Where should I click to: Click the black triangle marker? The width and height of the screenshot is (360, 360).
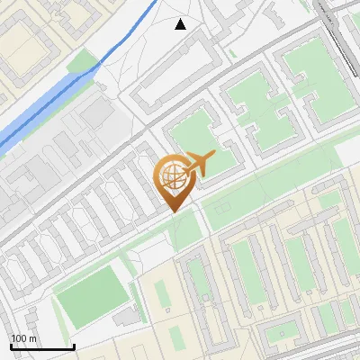181,24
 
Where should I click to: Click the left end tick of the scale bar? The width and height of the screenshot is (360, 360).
11,345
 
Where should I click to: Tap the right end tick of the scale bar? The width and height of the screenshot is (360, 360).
74,345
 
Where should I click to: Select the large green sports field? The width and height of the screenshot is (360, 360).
90,290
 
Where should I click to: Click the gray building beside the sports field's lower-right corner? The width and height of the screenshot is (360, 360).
129,317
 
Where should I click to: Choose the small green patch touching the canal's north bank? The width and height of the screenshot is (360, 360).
83,60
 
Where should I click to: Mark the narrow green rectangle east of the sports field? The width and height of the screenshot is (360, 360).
163,297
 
